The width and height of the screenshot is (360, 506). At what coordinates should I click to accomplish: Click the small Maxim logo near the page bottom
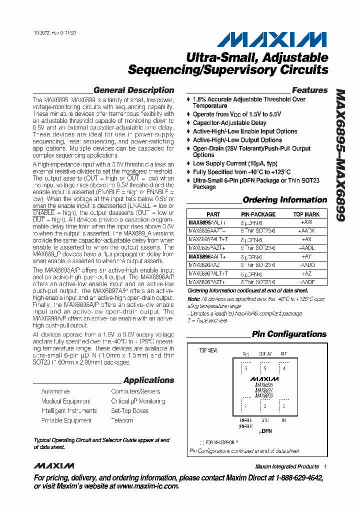pos(54,466)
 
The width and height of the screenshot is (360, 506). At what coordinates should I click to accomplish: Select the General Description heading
pos(133,90)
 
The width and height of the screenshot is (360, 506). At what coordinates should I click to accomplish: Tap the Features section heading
pos(309,90)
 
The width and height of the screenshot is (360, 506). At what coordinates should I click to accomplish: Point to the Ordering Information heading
pos(284,200)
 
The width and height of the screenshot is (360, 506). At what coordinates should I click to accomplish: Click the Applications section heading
pos(148,380)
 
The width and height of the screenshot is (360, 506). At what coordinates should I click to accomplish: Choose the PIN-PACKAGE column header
pos(258,214)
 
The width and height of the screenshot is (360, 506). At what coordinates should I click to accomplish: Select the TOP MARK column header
pos(306,214)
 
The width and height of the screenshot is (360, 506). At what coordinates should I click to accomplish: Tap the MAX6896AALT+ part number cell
pos(207,256)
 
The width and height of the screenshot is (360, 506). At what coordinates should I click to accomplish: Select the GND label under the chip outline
pos(265,421)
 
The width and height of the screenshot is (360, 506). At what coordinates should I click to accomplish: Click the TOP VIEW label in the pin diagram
pos(208,350)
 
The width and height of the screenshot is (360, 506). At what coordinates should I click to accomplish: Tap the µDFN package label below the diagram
pos(265,431)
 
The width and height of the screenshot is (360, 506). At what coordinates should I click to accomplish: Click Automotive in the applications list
pos(55,391)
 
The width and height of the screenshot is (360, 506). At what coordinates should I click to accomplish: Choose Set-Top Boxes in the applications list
pos(129,411)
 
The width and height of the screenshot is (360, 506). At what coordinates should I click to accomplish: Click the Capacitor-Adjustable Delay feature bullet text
pos(229,123)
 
